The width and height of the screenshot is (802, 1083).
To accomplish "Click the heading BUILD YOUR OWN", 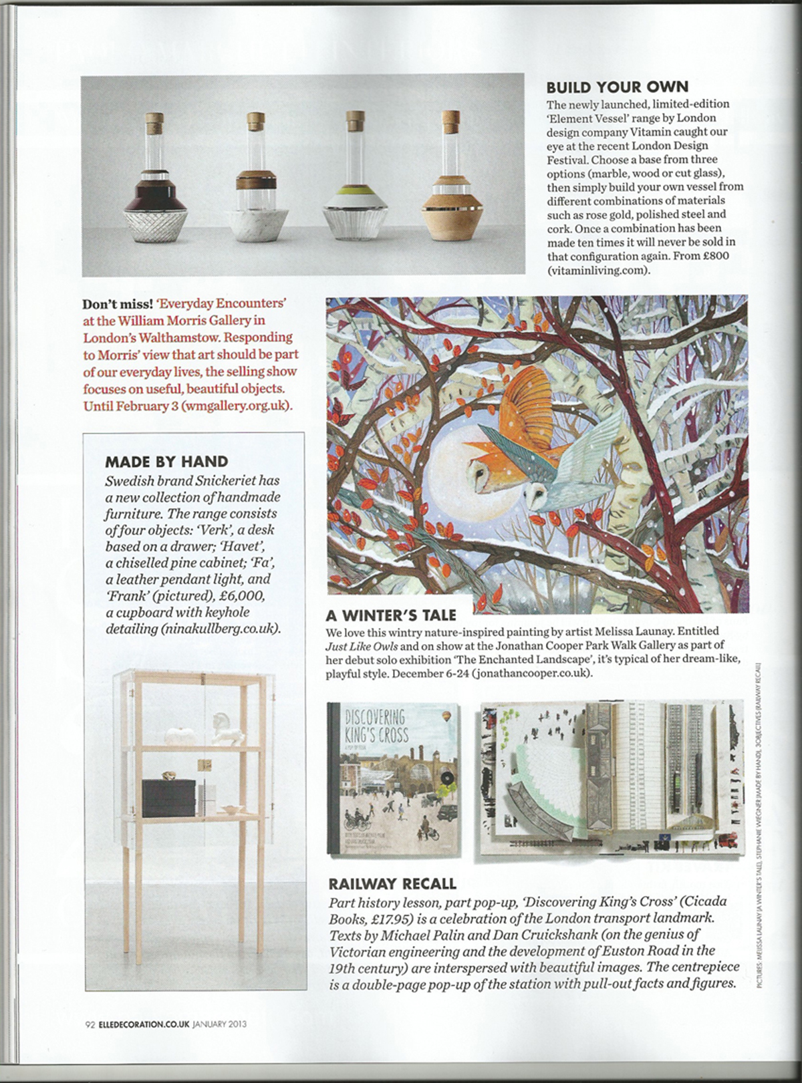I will (617, 87).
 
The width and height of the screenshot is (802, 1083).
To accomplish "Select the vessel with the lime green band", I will (353, 193).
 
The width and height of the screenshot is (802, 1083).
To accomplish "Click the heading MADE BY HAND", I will (166, 461).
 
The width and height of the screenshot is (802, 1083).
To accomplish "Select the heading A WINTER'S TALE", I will (390, 615).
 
